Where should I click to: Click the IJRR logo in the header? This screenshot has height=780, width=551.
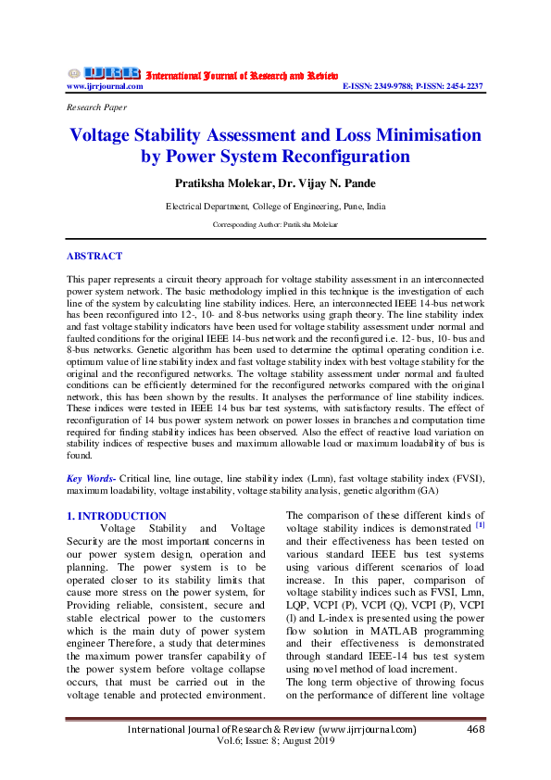[x=104, y=73]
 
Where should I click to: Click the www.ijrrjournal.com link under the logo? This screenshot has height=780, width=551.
[x=105, y=86]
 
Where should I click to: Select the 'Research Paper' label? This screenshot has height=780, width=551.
[x=96, y=107]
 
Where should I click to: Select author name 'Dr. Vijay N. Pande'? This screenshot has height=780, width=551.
[x=329, y=183]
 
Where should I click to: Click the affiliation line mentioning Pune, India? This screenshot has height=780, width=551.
[x=275, y=207]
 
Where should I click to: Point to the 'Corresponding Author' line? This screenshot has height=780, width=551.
[x=275, y=225]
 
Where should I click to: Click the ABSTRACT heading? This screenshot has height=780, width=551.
[x=94, y=256]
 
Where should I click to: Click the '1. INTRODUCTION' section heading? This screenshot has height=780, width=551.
[x=117, y=516]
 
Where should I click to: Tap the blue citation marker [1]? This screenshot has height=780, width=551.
[x=480, y=525]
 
